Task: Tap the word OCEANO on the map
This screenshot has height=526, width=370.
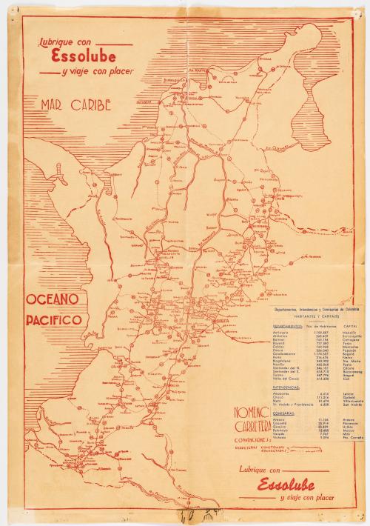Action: pos(54,300)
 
